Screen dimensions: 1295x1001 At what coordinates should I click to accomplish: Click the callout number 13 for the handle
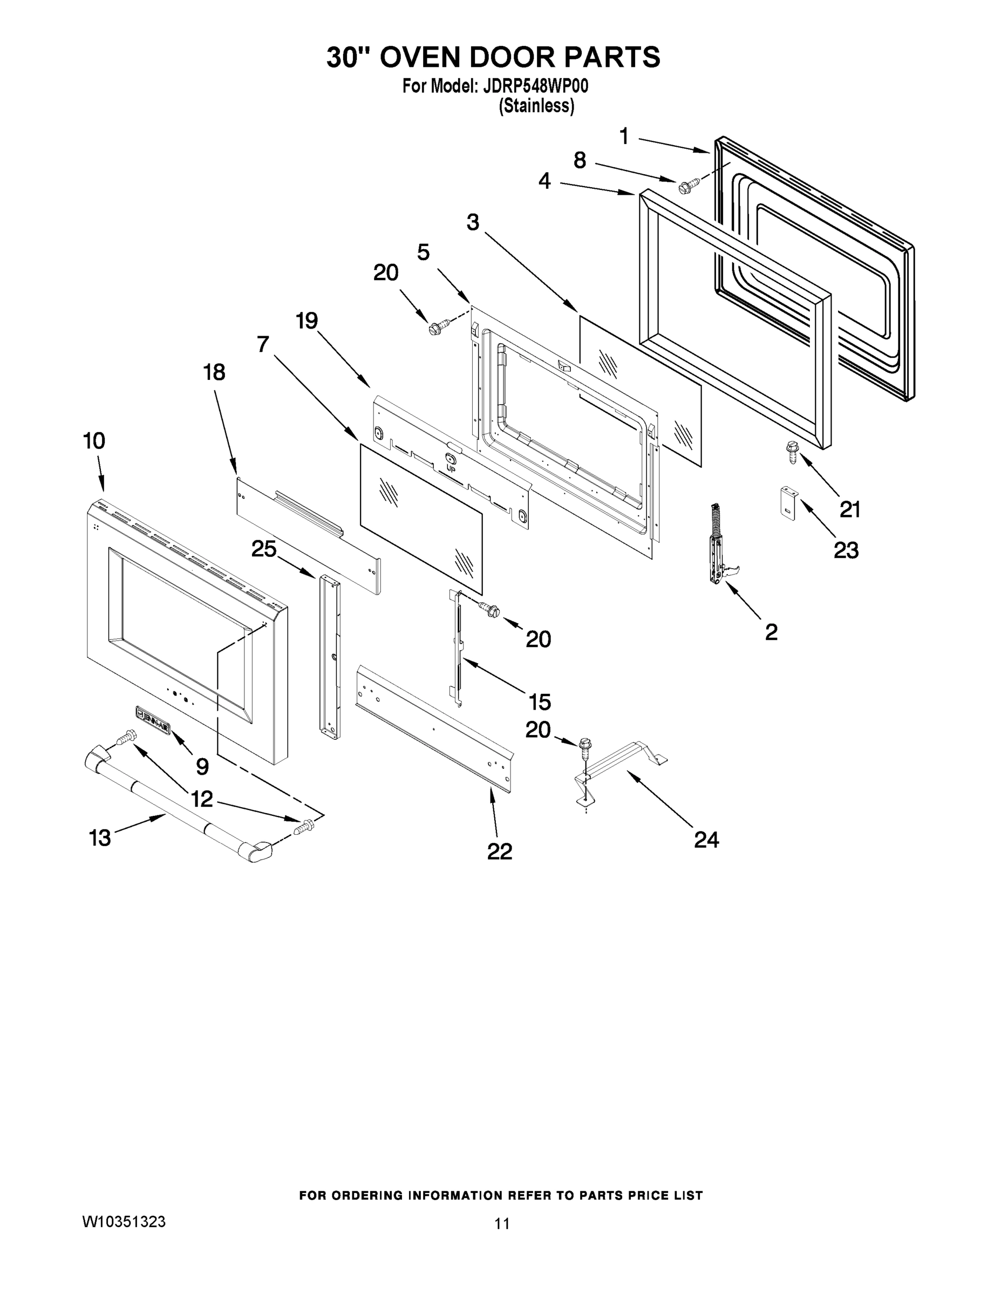(100, 838)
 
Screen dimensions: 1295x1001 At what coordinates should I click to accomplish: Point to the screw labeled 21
(792, 452)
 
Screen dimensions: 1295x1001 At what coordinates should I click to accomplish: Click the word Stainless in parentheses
(537, 106)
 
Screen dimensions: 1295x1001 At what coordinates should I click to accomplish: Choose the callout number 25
(263, 549)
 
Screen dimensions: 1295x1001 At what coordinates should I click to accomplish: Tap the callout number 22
(499, 851)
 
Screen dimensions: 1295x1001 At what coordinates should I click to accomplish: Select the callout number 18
(214, 372)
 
